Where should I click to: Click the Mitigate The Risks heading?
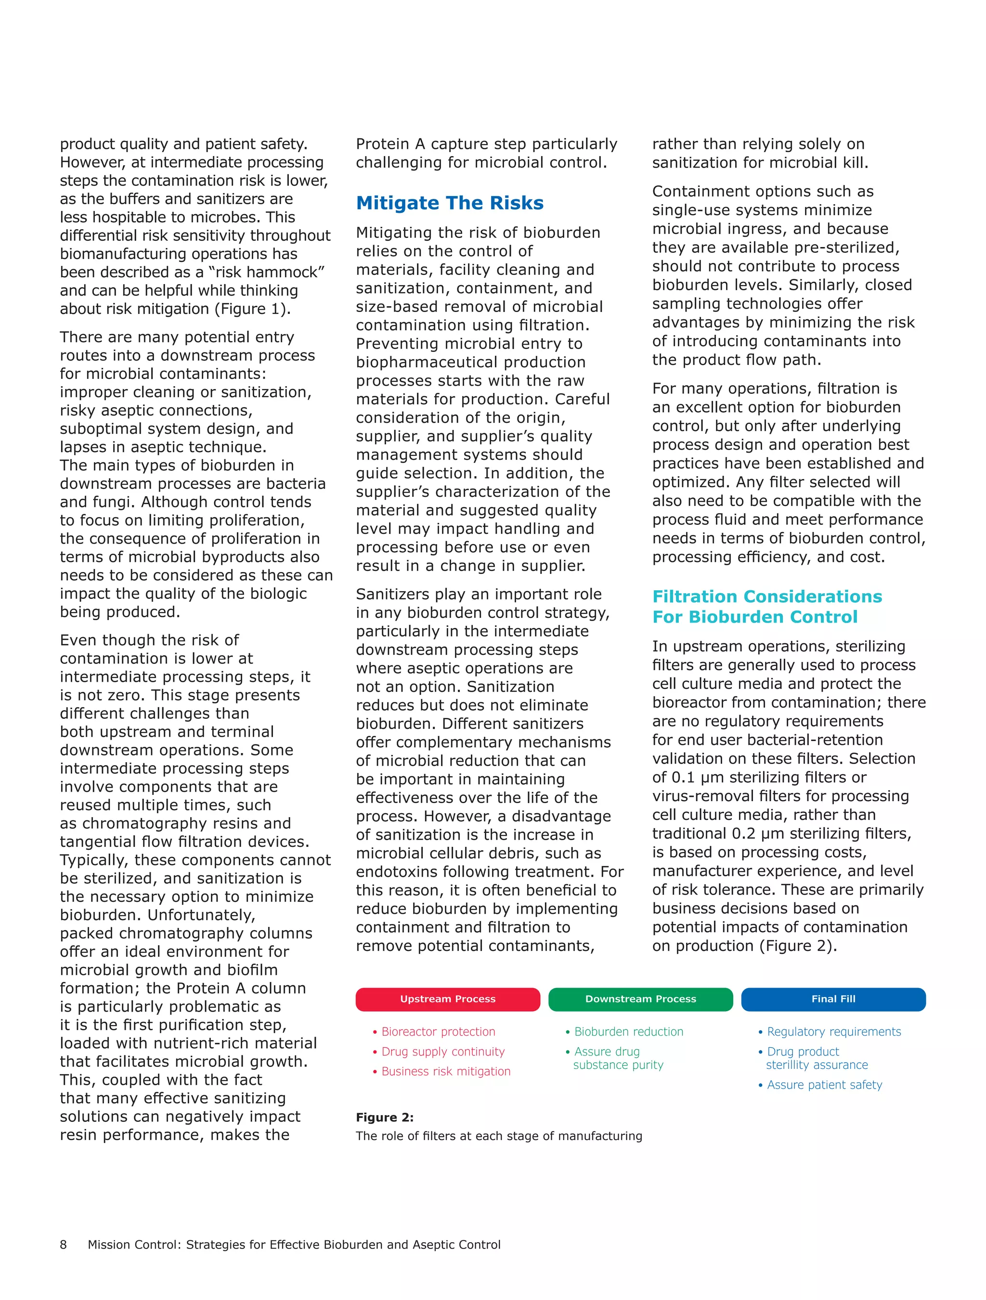[450, 203]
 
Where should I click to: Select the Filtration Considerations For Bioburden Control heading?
[766, 607]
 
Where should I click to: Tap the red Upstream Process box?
[447, 999]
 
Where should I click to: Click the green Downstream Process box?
[640, 999]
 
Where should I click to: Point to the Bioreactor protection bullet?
[438, 1032]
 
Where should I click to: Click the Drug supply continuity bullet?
[442, 1052]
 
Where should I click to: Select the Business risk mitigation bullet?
[445, 1071]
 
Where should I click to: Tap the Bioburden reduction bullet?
[628, 1032]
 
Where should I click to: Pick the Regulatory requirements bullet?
[833, 1032]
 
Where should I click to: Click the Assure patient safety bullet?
[824, 1085]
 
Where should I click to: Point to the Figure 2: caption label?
[384, 1117]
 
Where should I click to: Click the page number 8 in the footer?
[64, 1244]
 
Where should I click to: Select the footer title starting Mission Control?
[294, 1244]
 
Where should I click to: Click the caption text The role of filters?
[498, 1136]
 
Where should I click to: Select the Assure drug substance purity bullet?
[617, 1058]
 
